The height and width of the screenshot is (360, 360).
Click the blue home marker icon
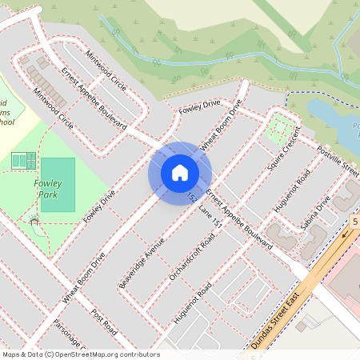[180, 173]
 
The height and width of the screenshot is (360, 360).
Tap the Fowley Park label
[48, 189]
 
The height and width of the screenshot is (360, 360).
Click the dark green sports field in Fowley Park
[57, 185]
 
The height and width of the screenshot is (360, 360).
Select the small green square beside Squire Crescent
[280, 125]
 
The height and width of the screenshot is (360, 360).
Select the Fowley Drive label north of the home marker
[199, 106]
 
